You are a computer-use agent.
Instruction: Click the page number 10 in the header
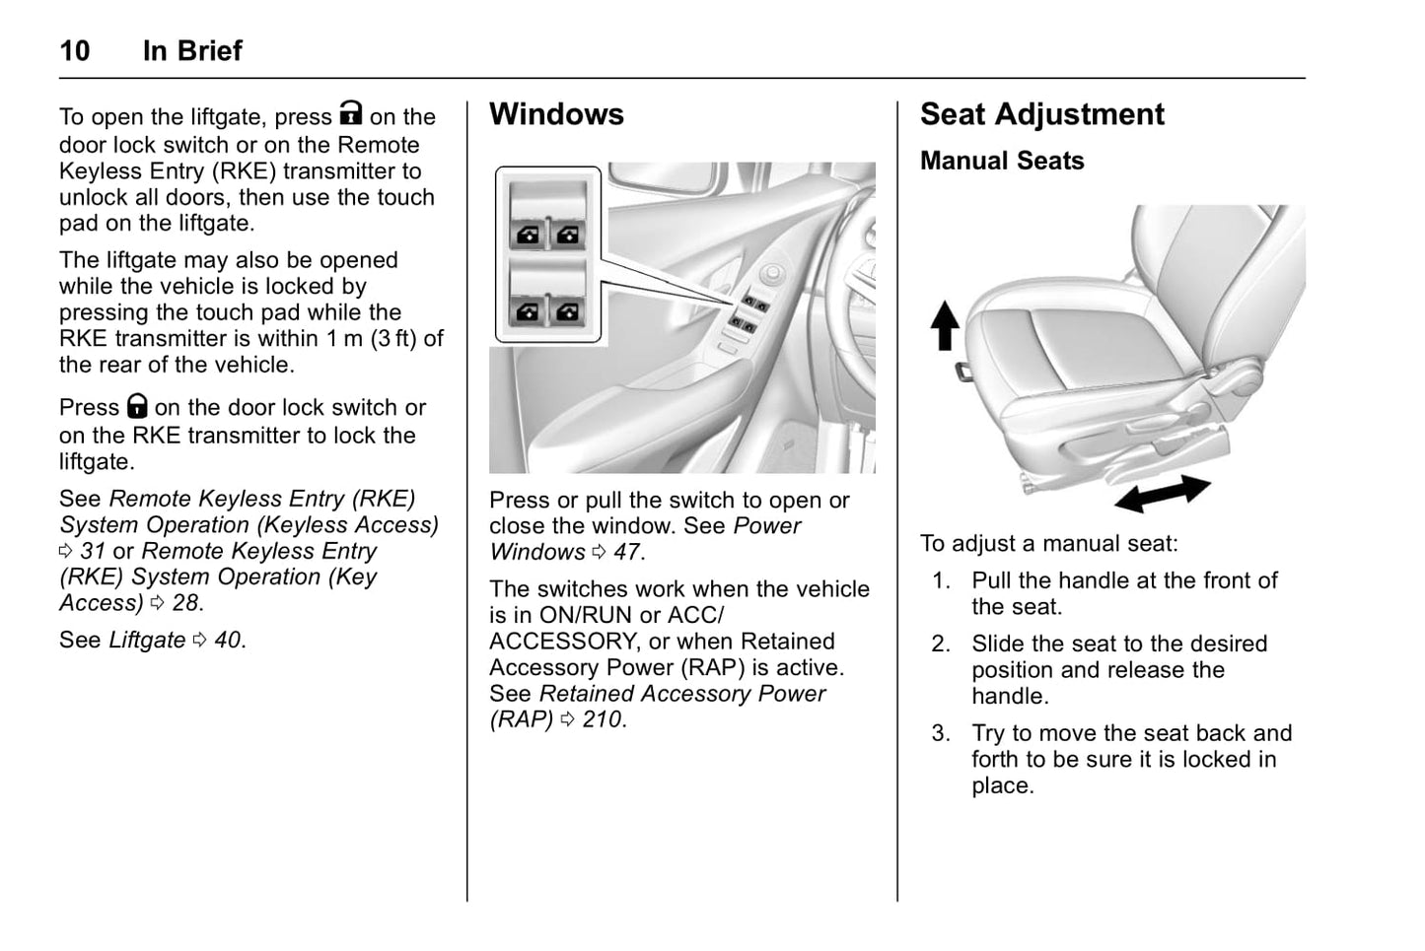point(75,51)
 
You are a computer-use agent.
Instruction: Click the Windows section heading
point(556,114)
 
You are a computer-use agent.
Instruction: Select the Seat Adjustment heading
point(1041,114)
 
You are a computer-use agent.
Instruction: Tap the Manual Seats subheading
point(1002,161)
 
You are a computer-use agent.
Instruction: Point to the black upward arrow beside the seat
point(945,325)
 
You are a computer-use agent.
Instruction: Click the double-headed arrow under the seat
point(1162,493)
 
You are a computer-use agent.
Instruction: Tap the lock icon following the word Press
point(137,405)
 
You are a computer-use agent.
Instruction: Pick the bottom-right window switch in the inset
point(569,311)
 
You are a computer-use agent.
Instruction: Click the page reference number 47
point(627,552)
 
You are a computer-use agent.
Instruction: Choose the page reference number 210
point(602,719)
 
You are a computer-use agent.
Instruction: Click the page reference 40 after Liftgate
point(227,640)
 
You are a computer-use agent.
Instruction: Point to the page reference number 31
point(93,551)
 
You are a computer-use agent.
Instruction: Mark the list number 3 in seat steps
point(941,733)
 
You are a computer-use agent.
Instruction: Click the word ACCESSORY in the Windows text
point(562,642)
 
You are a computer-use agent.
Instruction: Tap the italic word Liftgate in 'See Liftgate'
point(147,640)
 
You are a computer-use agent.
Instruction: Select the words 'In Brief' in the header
point(192,51)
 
